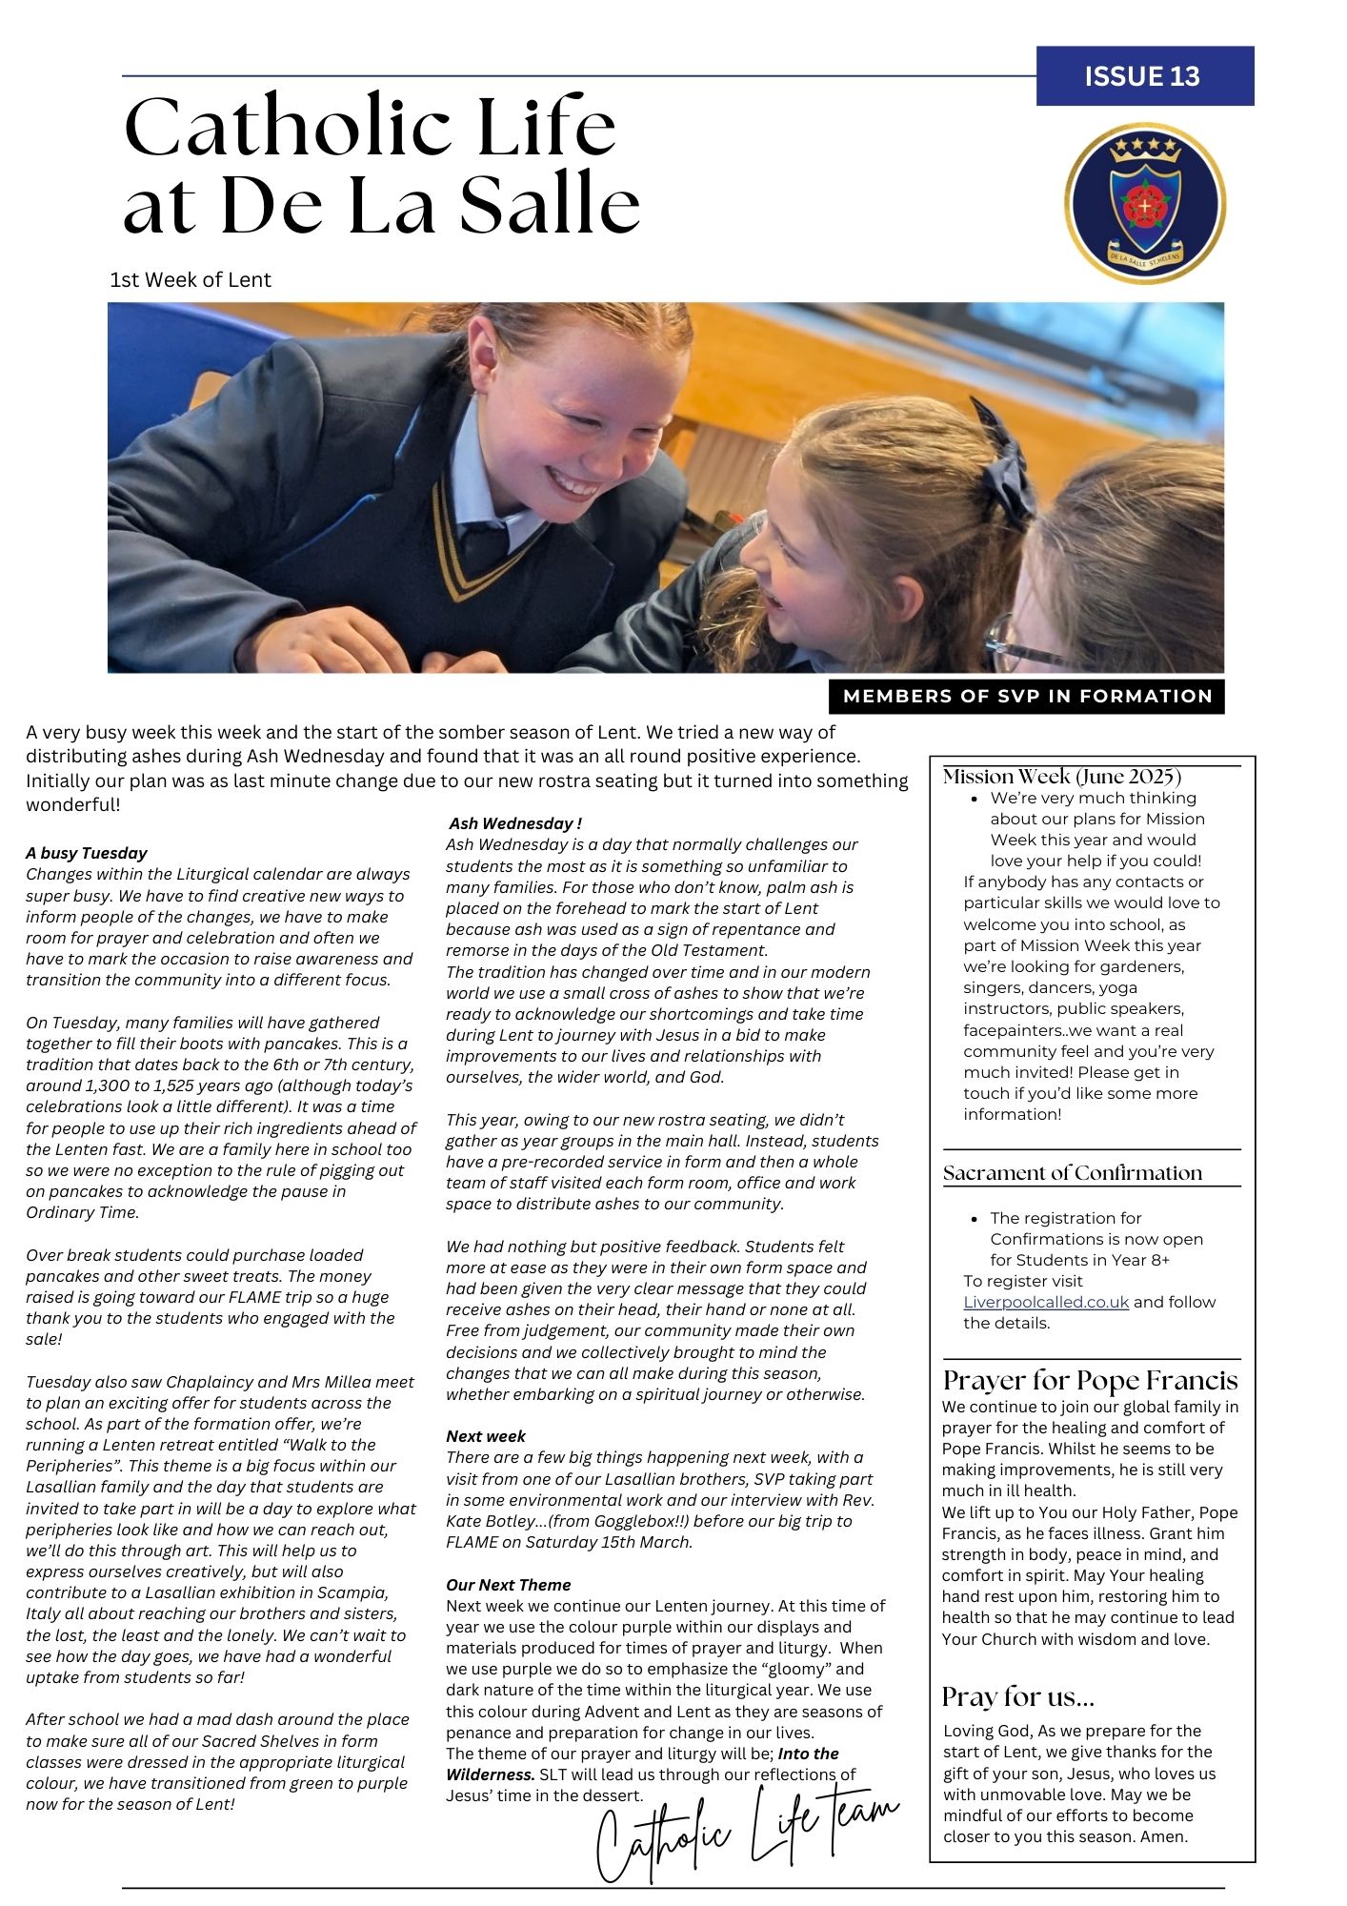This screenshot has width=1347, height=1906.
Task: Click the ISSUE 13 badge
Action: pos(1144,76)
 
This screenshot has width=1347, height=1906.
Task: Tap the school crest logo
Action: pos(1144,203)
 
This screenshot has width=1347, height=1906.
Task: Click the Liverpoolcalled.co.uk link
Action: pos(1045,1302)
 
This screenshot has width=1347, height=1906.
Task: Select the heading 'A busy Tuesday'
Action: pos(87,853)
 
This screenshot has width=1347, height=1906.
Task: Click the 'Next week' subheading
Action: pos(486,1436)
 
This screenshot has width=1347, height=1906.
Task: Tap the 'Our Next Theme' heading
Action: pos(509,1585)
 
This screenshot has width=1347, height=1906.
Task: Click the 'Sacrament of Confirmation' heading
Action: pos(1072,1173)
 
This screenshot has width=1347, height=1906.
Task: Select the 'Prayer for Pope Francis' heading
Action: pos(1090,1381)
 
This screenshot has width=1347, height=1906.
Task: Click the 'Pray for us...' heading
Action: pos(1017,1697)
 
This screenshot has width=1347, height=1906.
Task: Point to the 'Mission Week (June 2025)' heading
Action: pos(1061,777)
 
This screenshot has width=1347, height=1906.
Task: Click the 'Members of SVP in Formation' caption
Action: pos(1027,697)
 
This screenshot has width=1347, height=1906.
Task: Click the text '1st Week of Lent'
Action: pos(191,280)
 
